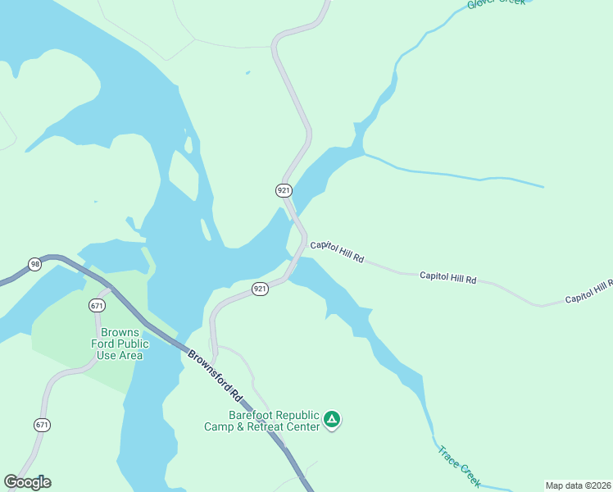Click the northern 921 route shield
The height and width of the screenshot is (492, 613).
284,190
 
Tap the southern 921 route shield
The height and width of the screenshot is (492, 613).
260,289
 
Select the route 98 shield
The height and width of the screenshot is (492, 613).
34,264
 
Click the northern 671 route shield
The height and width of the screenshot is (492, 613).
98,305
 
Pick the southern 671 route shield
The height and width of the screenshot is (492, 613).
42,425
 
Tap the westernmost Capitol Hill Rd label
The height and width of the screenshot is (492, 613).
336,251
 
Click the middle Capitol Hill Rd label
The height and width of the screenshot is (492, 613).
447,278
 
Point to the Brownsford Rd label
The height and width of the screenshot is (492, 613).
216,376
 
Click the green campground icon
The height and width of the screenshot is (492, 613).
332,421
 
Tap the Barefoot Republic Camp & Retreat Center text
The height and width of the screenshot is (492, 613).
262,421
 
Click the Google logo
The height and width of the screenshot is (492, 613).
27,482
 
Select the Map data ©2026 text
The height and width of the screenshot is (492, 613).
578,485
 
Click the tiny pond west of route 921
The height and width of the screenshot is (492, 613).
247,73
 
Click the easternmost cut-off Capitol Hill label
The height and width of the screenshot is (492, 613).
588,291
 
